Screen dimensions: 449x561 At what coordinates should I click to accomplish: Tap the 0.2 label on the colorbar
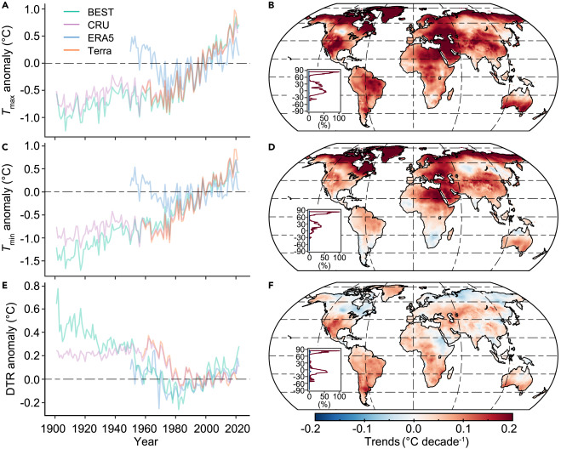[x=511, y=427]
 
